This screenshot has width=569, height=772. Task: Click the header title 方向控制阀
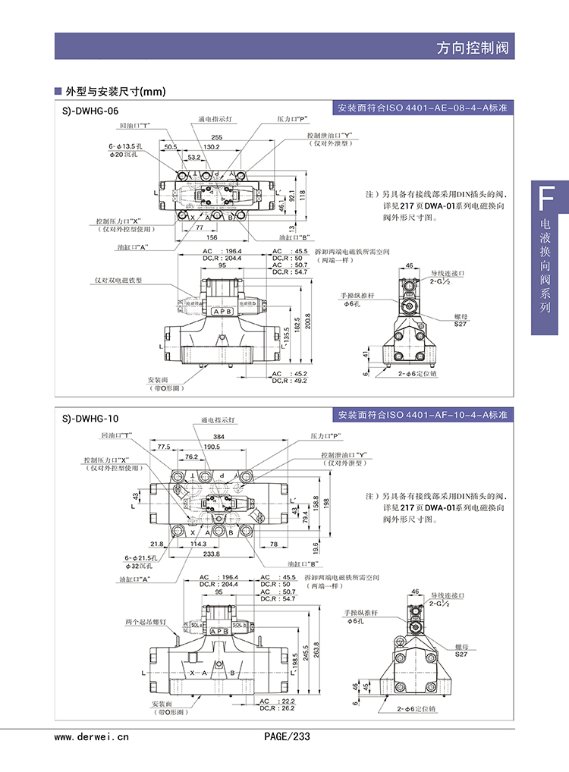pos(473,47)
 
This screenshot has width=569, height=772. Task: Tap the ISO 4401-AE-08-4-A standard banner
pos(423,108)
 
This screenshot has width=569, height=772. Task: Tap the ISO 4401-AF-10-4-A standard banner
pos(423,416)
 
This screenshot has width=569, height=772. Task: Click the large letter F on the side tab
pos(544,199)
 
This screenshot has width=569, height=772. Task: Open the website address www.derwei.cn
pos(92,736)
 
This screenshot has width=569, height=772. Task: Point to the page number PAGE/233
pos(287,736)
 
